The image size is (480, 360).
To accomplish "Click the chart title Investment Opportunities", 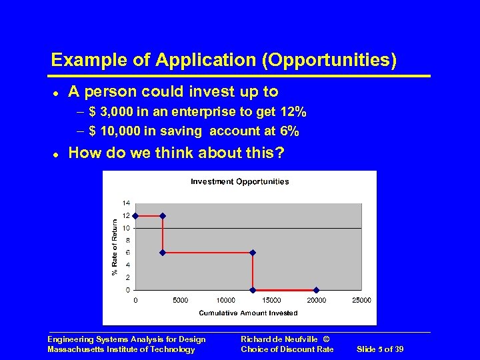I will coord(239,181).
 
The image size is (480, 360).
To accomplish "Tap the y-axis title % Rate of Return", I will coord(114,247).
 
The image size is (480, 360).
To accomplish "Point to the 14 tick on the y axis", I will coord(126,203).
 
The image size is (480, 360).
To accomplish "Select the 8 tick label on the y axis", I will coord(128,241).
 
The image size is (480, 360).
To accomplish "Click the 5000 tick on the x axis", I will coord(180,300).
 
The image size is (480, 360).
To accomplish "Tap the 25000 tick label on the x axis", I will coord(361,300).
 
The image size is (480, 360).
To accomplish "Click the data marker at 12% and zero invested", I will coord(136,216).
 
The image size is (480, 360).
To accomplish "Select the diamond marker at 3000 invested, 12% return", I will coord(163,216).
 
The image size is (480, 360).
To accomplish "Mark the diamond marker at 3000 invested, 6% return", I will coord(163,253).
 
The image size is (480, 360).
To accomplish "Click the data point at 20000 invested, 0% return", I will coord(316,290).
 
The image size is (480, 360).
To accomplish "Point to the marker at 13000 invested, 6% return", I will coord(253,253).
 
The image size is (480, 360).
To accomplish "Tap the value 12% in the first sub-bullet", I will coord(293,112).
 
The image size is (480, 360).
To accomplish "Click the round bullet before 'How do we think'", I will coord(55,154).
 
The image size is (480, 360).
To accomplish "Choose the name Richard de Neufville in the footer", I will coord(276,339).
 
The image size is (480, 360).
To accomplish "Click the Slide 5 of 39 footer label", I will coord(380,349).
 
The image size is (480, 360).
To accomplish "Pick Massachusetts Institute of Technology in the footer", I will coord(121,349).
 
